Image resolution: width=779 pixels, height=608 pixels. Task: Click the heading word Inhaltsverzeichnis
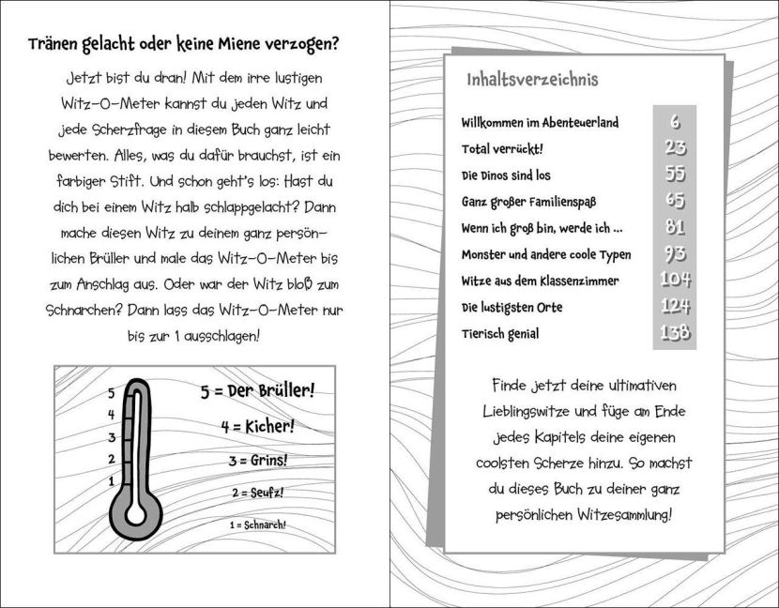pyautogui.click(x=532, y=80)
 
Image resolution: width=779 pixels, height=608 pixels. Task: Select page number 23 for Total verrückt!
pyautogui.click(x=674, y=148)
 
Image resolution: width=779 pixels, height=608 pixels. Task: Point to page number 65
pyautogui.click(x=674, y=201)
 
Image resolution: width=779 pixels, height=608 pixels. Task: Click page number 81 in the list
pyautogui.click(x=674, y=228)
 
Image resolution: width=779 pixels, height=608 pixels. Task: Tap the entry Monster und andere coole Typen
pyautogui.click(x=546, y=254)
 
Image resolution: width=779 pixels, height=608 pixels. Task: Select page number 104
pyautogui.click(x=674, y=280)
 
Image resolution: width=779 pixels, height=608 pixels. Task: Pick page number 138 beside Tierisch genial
pyautogui.click(x=674, y=333)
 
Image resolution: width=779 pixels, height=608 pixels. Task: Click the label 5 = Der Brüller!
pyautogui.click(x=257, y=389)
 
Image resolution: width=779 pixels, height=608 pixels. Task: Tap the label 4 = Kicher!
pyautogui.click(x=257, y=426)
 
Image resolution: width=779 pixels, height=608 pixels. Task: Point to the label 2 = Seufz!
pyautogui.click(x=257, y=493)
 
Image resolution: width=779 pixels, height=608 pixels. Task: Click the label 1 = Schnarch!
pyautogui.click(x=257, y=524)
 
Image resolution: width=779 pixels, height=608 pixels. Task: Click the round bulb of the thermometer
pyautogui.click(x=137, y=515)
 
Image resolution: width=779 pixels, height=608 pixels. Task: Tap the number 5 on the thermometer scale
pyautogui.click(x=111, y=394)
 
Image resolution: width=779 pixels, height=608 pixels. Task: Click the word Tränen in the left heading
pyautogui.click(x=55, y=44)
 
